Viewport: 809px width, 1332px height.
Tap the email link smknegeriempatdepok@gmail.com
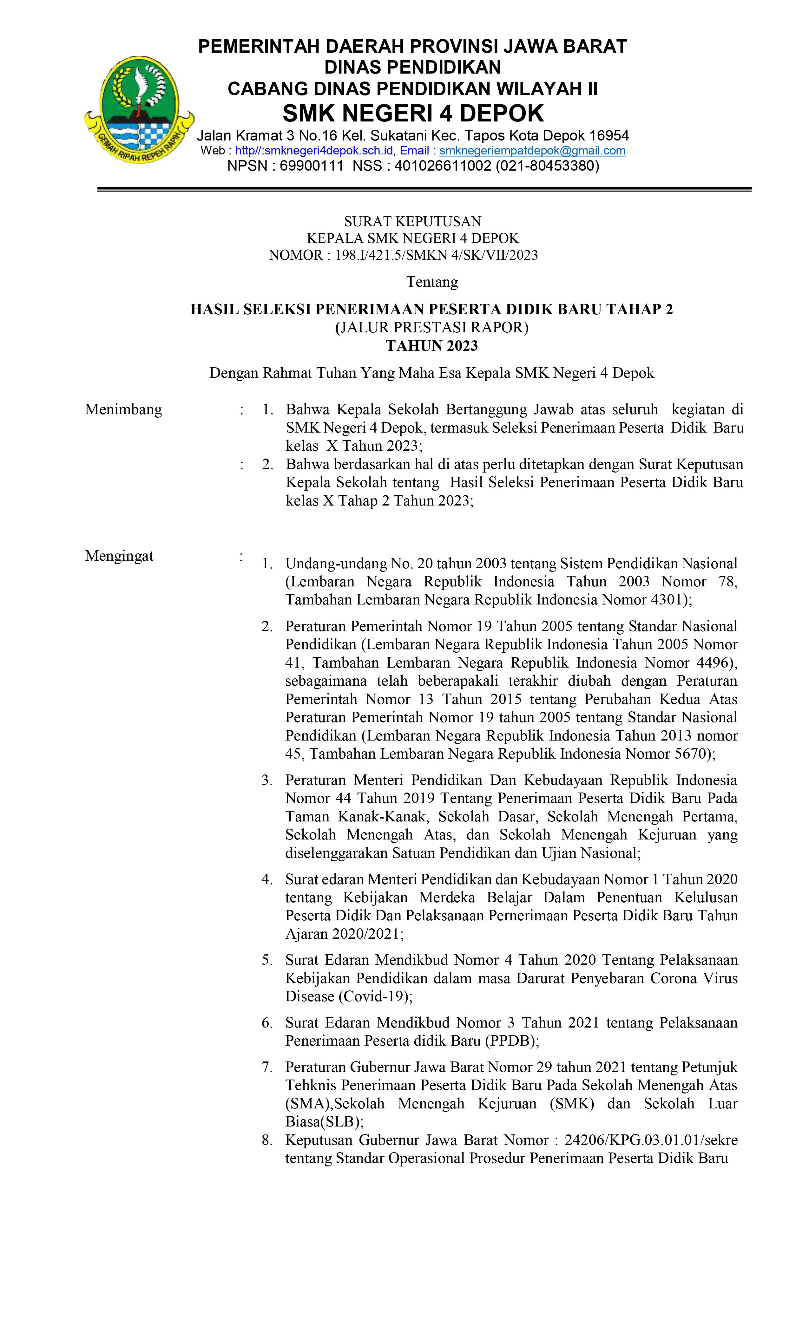tap(532, 151)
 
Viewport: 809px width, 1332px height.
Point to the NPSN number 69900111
tap(311, 166)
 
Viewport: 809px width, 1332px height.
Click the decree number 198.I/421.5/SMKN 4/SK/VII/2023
tap(436, 255)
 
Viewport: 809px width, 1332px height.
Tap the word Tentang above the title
tap(431, 282)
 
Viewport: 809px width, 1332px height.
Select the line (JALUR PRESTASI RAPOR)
tap(431, 328)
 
